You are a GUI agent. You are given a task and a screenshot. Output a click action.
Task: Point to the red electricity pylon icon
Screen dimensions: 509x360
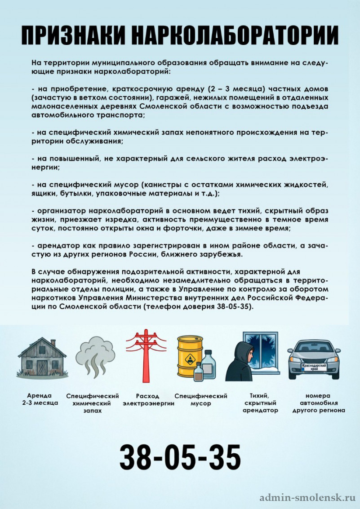click(146, 355)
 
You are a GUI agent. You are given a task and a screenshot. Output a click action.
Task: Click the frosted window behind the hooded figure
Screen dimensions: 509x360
click(263, 350)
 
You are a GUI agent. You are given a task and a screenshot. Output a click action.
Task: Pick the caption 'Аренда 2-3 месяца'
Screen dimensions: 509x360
click(40, 399)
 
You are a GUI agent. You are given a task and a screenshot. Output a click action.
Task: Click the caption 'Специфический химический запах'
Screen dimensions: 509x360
click(93, 403)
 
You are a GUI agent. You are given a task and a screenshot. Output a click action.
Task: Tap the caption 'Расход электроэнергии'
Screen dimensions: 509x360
click(148, 400)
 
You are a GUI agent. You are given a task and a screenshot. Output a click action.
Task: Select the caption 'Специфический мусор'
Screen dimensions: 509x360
click(201, 400)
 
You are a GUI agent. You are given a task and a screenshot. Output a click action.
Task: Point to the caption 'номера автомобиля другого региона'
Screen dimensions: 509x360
click(318, 403)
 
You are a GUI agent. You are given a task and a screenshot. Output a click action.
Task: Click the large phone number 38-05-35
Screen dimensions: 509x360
click(180, 457)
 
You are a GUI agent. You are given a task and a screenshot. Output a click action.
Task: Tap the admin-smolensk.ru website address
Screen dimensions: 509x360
click(307, 498)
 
